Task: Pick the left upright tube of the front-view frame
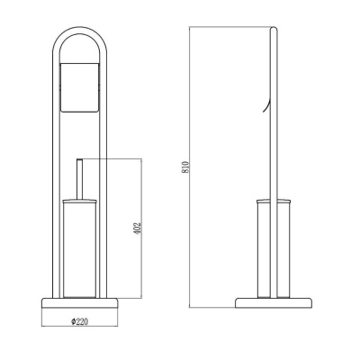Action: coord(50,180)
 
